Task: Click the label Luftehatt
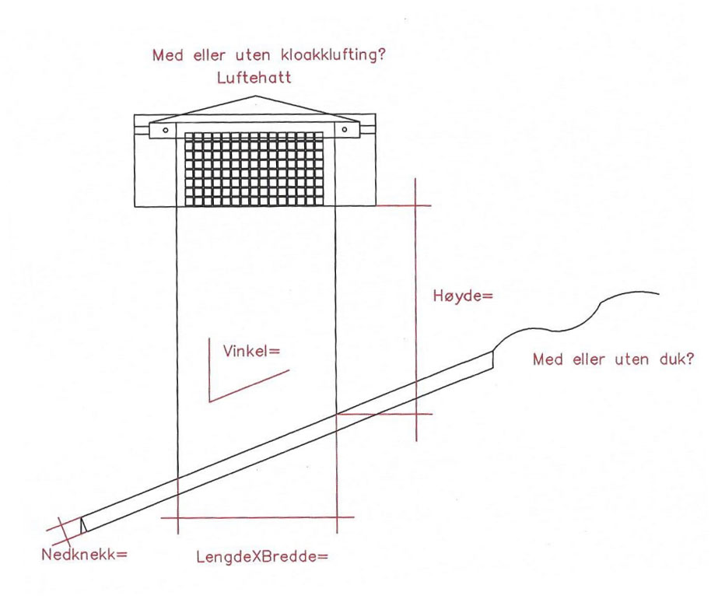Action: (254, 78)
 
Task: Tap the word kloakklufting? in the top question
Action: (333, 55)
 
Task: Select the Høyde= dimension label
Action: (463, 296)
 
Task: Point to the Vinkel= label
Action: (252, 351)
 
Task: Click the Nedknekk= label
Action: (84, 554)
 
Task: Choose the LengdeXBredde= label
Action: (261, 556)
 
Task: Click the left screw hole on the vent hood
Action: (166, 130)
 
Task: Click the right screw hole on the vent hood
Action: (344, 130)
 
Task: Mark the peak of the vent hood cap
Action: (255, 96)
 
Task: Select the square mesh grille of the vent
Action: (254, 169)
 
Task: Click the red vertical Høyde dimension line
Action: (416, 310)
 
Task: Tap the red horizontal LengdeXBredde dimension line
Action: (257, 517)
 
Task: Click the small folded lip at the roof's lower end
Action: (83, 524)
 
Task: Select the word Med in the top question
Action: (168, 55)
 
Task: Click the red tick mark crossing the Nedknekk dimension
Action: (65, 532)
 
